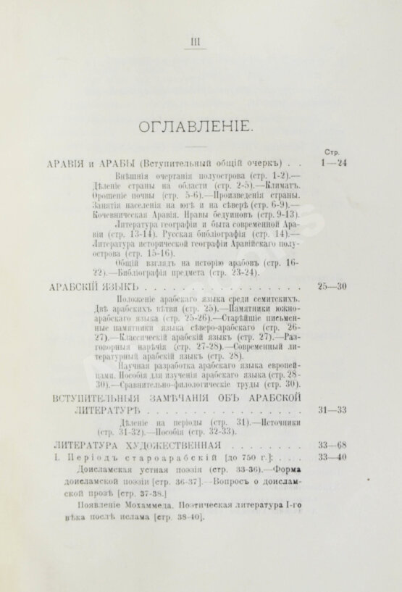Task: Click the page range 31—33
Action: coord(331,410)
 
